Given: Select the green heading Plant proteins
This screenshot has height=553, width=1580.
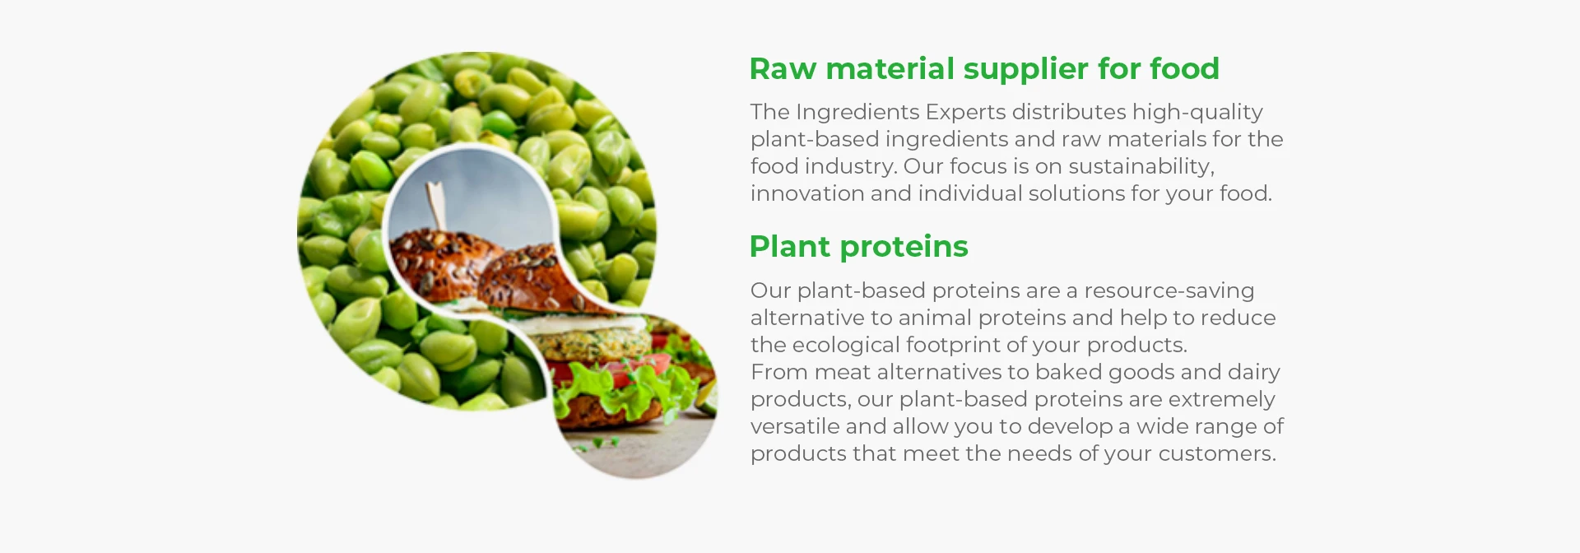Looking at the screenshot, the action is point(858,247).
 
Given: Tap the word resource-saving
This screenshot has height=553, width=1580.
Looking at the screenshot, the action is point(1169,291).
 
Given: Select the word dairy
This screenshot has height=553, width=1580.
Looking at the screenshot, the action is point(1253,373).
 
